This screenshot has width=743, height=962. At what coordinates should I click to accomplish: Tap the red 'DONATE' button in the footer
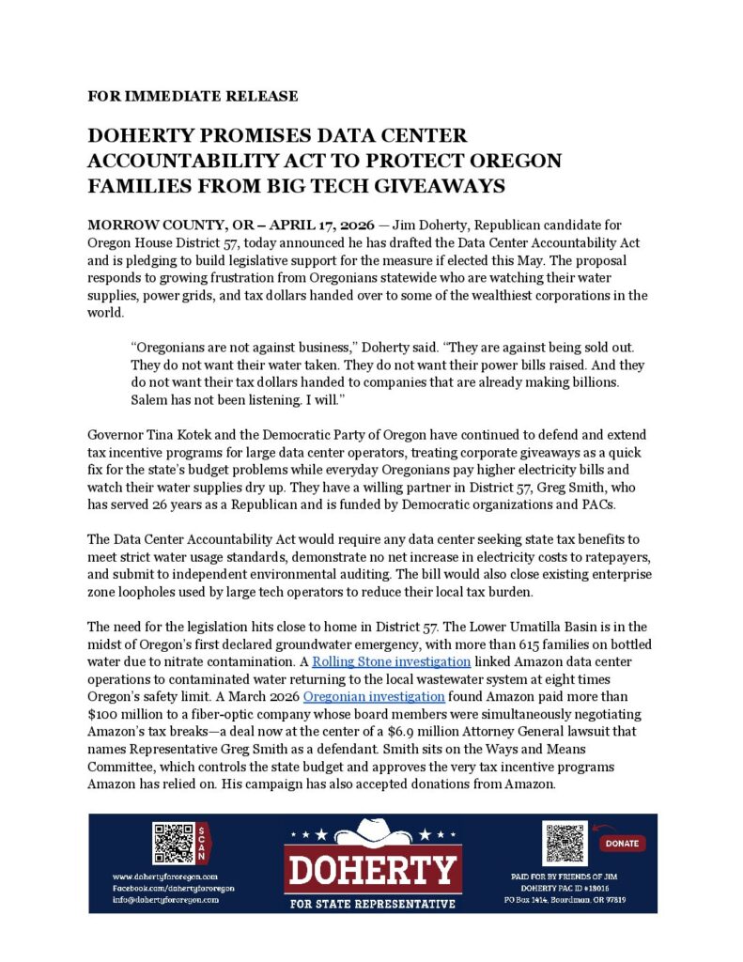(621, 843)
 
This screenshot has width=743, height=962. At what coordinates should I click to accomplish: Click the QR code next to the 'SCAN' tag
(173, 843)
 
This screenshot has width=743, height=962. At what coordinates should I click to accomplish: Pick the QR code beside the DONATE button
(565, 844)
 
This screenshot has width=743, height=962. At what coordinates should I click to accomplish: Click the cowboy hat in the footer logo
(372, 832)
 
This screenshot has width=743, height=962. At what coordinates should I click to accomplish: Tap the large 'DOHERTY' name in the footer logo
(372, 871)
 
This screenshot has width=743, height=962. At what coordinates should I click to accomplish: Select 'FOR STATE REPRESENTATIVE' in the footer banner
(372, 904)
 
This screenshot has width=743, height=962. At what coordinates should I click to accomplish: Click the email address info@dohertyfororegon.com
(165, 899)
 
